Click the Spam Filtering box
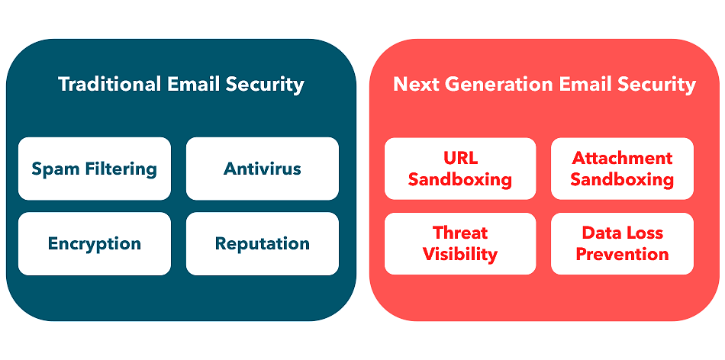[x=95, y=169]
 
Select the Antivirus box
[x=263, y=169]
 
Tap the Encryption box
[x=95, y=243]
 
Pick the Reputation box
[x=263, y=243]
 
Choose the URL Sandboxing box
[x=460, y=169]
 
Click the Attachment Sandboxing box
[x=622, y=169]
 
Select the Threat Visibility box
[x=460, y=244]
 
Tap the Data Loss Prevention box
[x=622, y=244]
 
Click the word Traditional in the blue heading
[x=110, y=84]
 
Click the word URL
[x=460, y=158]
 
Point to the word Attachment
[x=622, y=158]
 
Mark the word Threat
[x=460, y=233]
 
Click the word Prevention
[x=622, y=254]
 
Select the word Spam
[x=50, y=169]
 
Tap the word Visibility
[x=460, y=255]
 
